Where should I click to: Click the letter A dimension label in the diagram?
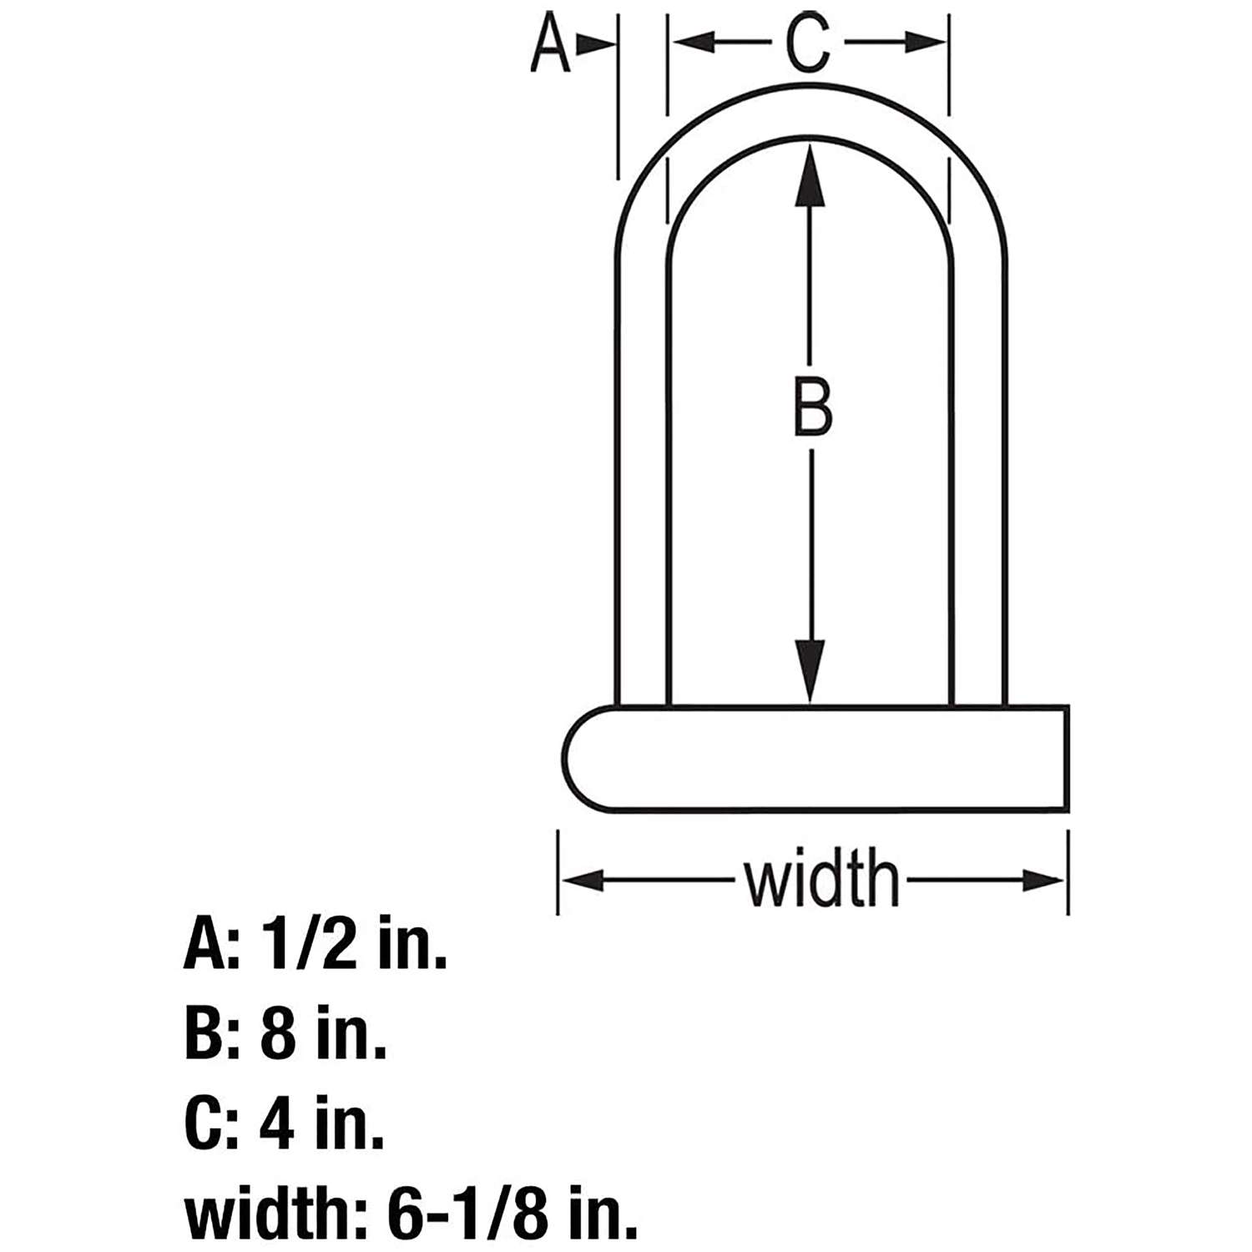coord(550,44)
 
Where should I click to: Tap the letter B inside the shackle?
coord(811,406)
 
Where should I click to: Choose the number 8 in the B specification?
coord(278,1034)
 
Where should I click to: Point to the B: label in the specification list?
coord(212,1034)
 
